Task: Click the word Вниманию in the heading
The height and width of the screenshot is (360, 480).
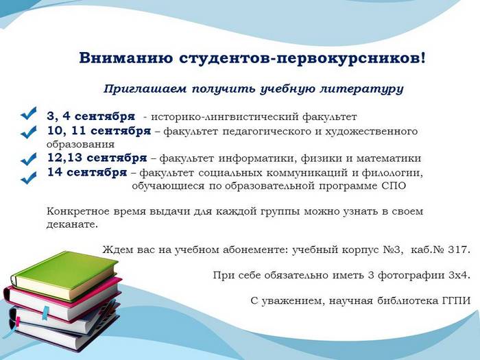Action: coord(125,58)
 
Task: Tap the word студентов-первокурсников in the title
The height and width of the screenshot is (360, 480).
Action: coord(302,58)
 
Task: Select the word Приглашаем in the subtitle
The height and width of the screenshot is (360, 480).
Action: coord(145,89)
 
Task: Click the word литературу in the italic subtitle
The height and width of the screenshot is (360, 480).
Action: coord(362,89)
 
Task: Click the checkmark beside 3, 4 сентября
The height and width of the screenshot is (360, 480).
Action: coord(29,113)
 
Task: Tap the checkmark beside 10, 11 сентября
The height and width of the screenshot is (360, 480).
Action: coord(29,132)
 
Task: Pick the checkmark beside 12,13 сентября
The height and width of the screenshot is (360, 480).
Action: coord(29,158)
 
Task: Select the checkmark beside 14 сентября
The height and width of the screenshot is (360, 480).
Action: coord(29,178)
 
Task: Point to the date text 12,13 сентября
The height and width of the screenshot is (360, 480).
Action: coord(97,158)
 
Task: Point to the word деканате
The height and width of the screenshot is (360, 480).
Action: coord(72,224)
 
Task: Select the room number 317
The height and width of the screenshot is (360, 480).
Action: coord(459,250)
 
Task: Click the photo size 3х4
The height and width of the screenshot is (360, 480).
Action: coord(459,275)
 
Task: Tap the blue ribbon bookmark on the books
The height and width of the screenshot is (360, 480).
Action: coord(45,313)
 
